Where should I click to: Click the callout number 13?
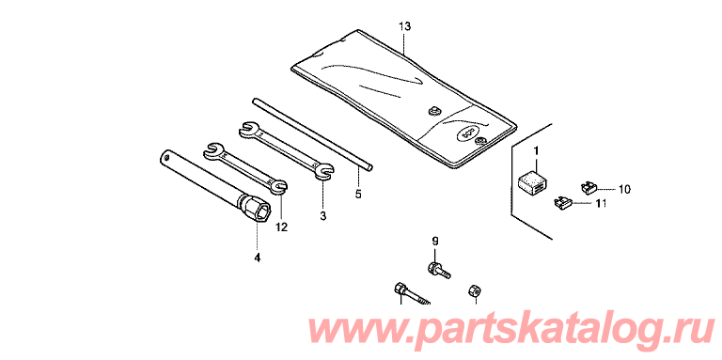coord(404,26)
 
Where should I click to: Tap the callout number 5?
coord(358,195)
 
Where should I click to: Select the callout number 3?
coord(322,215)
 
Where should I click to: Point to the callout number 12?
coord(281,227)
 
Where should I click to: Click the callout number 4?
coord(257,258)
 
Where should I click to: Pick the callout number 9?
coord(435,241)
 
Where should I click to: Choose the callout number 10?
coord(624,189)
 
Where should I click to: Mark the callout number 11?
coord(601,203)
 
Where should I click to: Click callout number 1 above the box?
coord(536,150)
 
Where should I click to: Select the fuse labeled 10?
coord(588,187)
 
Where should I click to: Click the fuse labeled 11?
coord(563,201)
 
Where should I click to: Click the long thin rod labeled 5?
coord(313,134)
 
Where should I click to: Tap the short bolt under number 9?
coord(439,270)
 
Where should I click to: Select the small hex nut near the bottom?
coord(474,290)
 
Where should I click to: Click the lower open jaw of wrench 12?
coord(279,185)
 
